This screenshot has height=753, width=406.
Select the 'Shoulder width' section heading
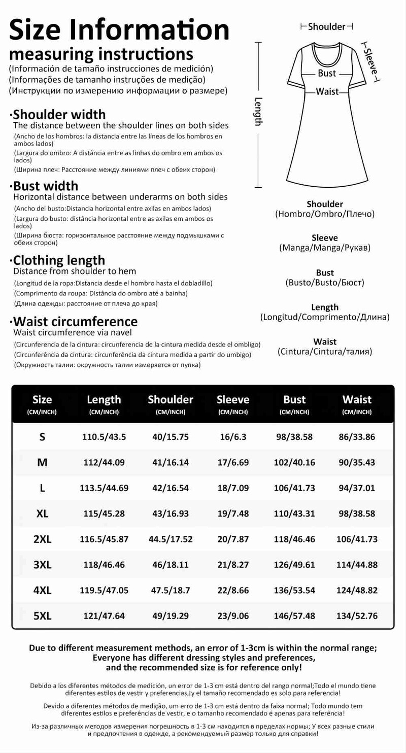click(x=59, y=115)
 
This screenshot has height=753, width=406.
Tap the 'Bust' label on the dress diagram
click(x=327, y=74)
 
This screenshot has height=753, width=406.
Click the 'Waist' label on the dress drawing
click(x=327, y=92)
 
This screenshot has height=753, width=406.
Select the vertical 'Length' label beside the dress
click(x=258, y=112)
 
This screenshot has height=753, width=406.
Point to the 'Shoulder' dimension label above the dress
click(x=326, y=26)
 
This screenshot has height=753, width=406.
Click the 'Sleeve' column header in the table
click(x=233, y=400)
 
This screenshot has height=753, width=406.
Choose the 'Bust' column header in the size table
click(x=294, y=400)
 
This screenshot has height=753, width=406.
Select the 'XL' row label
click(x=42, y=514)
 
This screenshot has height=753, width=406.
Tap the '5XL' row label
click(x=42, y=616)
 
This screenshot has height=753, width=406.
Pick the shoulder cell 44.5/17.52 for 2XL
click(x=171, y=539)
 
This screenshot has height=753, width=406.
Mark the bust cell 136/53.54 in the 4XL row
click(x=294, y=590)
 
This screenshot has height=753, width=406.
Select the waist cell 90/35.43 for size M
click(x=357, y=462)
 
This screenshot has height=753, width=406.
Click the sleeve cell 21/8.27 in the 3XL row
click(x=233, y=565)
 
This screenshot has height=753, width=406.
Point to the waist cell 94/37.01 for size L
click(x=357, y=488)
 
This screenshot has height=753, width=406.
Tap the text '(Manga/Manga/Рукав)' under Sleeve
click(x=325, y=248)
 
